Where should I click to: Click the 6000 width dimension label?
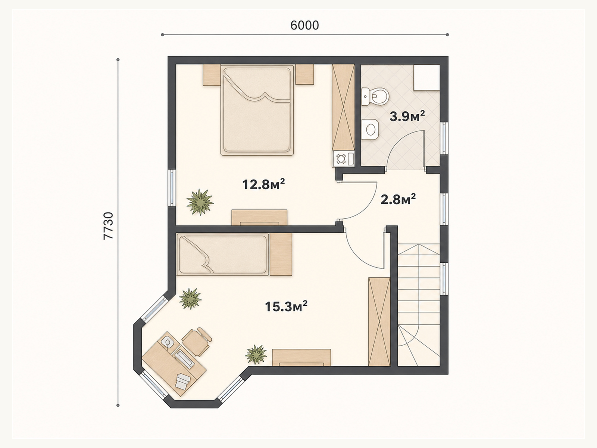point(304,25)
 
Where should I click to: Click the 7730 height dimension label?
point(108,226)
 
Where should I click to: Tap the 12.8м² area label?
point(263,184)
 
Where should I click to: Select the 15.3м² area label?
point(286,306)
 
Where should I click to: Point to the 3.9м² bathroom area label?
point(407,116)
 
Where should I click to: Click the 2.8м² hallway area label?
point(398,200)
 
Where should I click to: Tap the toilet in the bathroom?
point(376,97)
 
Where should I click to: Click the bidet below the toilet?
point(371,130)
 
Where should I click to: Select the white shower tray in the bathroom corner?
point(426,78)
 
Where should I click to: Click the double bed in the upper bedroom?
point(257,110)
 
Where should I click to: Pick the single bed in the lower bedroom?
point(223,254)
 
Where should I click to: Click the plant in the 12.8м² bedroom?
point(200,202)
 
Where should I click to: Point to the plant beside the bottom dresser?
point(256,354)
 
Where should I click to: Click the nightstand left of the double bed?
point(212,75)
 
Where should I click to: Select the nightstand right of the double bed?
point(305,74)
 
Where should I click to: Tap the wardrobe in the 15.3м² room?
point(379,322)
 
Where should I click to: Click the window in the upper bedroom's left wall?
point(172,188)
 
